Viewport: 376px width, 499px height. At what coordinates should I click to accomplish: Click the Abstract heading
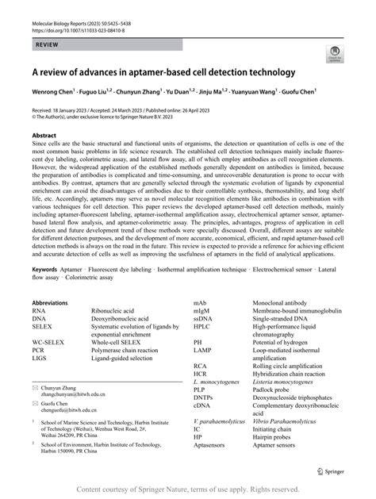point(44,136)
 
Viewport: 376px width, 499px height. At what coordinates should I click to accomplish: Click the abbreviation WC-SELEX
point(49,342)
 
